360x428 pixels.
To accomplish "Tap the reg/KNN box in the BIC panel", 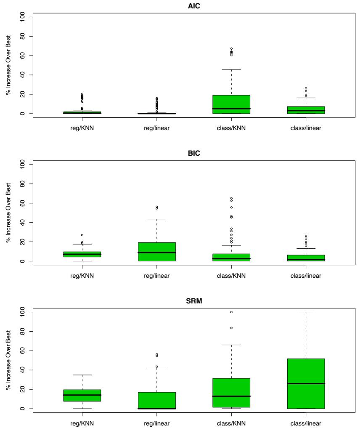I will point(82,254).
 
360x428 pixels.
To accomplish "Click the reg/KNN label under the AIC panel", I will point(82,128).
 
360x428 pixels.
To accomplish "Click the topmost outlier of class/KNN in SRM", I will point(231,312).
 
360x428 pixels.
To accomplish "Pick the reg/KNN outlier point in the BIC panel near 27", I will point(82,235).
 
